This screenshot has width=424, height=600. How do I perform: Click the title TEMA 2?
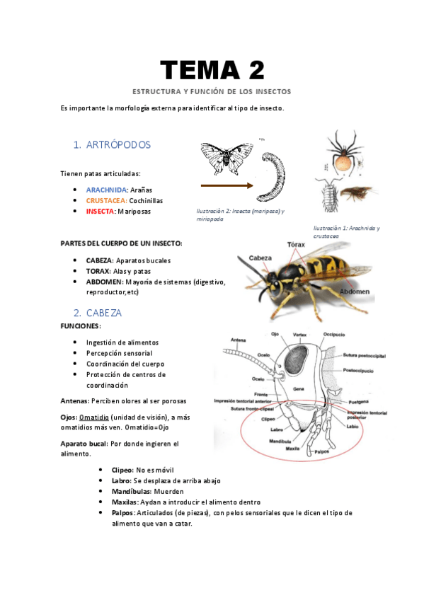coord(212,70)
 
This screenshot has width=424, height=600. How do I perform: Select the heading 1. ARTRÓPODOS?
coord(112,145)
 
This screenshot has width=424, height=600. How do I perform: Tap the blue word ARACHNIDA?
coord(107,190)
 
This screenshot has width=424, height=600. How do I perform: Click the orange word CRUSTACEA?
coord(107,200)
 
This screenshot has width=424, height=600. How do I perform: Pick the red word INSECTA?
coord(99,211)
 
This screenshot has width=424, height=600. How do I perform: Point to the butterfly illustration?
coord(227,158)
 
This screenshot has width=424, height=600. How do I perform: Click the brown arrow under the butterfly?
coord(227,186)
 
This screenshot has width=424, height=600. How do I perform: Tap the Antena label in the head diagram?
coord(238,340)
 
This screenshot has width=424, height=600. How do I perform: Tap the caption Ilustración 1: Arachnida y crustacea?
coord(346,231)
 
